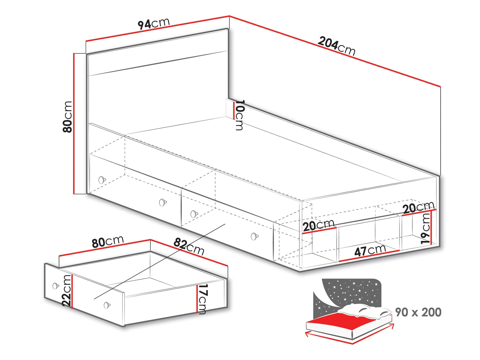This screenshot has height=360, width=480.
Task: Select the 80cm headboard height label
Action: click(68, 117)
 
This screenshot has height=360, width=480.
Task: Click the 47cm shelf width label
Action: click(370, 250)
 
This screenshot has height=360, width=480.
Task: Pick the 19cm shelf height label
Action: click(425, 229)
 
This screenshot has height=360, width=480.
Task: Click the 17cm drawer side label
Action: click(203, 299)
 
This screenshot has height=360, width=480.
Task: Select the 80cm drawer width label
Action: click(108, 242)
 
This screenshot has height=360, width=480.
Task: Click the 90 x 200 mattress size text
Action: click(418, 312)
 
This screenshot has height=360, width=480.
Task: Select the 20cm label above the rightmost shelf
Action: click(418, 207)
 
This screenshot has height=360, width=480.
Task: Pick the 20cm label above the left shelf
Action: click(318, 225)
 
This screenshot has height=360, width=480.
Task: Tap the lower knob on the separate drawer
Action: click(107, 305)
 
